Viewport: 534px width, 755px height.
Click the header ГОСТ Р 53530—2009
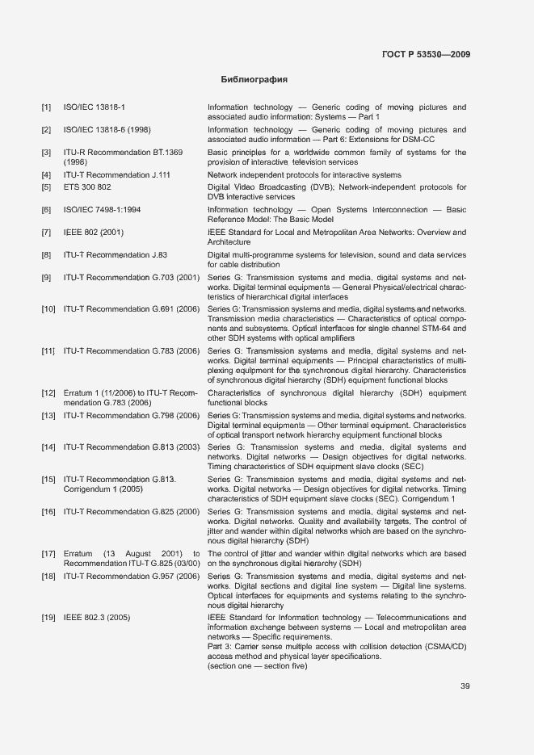[x=426, y=55]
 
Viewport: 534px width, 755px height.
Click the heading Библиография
[x=254, y=80]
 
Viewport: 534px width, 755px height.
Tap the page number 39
[x=465, y=686]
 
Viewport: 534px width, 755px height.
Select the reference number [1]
[x=47, y=107]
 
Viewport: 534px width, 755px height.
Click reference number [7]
[x=47, y=233]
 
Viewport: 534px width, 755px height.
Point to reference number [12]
[x=48, y=393]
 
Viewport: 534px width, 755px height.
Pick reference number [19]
[x=48, y=618]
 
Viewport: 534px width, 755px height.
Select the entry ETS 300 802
[x=87, y=187]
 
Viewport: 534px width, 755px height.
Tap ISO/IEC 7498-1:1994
[x=103, y=210]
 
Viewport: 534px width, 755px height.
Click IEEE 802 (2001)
[x=94, y=233]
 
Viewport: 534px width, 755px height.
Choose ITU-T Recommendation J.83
[x=116, y=255]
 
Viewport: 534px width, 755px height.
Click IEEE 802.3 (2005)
[x=97, y=618]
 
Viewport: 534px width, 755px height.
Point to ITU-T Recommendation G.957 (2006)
[x=131, y=576]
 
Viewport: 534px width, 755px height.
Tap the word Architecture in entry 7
[x=229, y=242]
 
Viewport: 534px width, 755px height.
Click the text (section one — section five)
[x=258, y=666]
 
